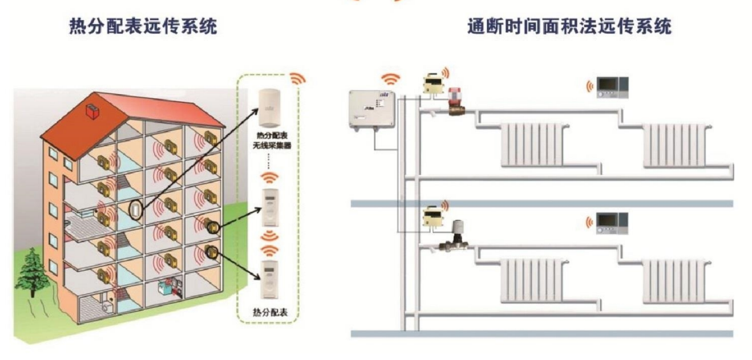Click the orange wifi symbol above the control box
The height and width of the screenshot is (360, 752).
390,78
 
